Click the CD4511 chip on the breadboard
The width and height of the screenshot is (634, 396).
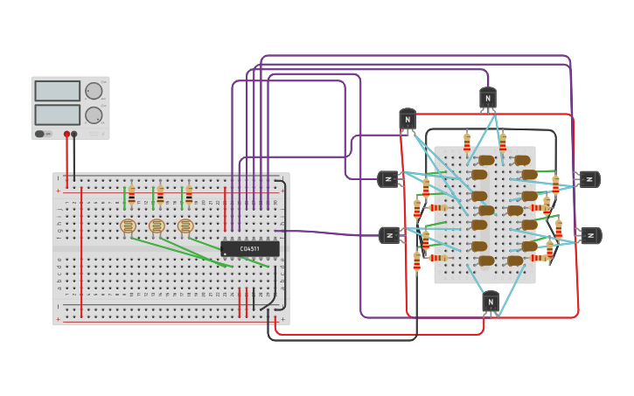tap(250, 249)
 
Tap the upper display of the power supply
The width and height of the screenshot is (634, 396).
tap(57, 91)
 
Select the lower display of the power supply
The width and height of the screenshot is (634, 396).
tap(57, 114)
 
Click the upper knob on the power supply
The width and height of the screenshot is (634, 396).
tap(93, 91)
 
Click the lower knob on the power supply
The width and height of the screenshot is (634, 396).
tap(93, 115)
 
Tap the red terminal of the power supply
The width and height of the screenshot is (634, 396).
tap(66, 134)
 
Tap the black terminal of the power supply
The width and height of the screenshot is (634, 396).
tap(74, 134)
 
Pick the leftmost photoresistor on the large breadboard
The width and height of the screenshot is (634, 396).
tap(129, 226)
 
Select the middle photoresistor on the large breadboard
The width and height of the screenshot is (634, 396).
tap(157, 226)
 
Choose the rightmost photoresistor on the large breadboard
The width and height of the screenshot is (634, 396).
tap(185, 226)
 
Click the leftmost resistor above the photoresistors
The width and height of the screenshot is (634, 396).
tap(131, 195)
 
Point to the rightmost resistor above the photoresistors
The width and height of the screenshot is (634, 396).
tap(188, 195)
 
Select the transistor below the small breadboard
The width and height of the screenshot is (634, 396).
tap(491, 302)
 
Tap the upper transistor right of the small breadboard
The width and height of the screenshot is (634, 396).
tap(589, 179)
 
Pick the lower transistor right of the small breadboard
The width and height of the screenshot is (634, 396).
tap(590, 236)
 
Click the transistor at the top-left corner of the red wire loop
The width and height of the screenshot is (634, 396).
tap(408, 119)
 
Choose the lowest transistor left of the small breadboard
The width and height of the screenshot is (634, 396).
tap(389, 235)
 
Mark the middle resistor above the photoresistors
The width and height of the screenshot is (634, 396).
tap(160, 195)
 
